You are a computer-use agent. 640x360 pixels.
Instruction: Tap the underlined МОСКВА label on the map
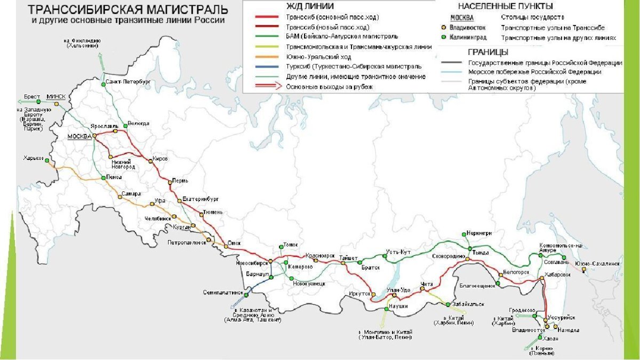[79, 137]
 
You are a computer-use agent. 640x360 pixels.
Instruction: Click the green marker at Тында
[469, 249]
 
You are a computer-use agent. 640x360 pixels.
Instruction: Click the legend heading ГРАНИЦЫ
[487, 52]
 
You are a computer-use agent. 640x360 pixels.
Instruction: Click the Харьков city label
[34, 158]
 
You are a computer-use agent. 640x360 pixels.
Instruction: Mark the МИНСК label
[56, 97]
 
